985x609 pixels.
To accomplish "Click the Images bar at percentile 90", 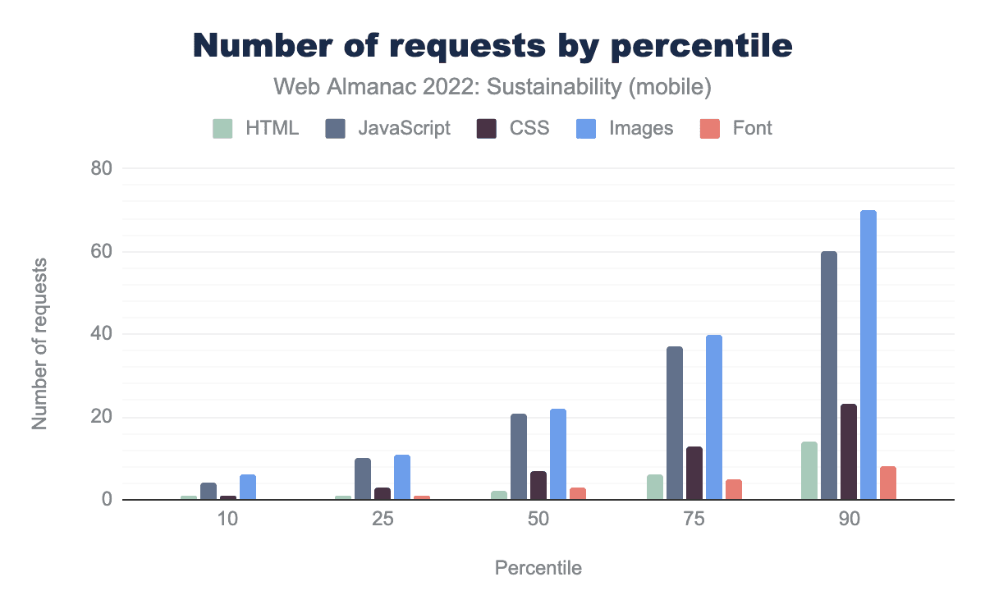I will pyautogui.click(x=868, y=355).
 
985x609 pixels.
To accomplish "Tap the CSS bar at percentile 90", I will pyautogui.click(x=848, y=452).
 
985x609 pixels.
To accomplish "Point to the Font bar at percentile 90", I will pyautogui.click(x=887, y=483).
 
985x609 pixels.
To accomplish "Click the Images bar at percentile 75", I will pyautogui.click(x=713, y=418).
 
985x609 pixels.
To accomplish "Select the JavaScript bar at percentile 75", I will pyautogui.click(x=674, y=424).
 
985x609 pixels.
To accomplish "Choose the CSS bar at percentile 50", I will pyautogui.click(x=538, y=486).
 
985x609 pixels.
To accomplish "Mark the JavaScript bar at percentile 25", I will pyautogui.click(x=363, y=479).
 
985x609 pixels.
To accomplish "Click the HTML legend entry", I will pyautogui.click(x=256, y=128).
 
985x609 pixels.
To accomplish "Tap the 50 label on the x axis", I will pyautogui.click(x=538, y=523).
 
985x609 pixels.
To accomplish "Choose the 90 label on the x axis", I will pyautogui.click(x=848, y=523).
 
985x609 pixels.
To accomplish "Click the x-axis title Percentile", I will pyautogui.click(x=538, y=568).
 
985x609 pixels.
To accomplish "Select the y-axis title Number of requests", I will pyautogui.click(x=40, y=343).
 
